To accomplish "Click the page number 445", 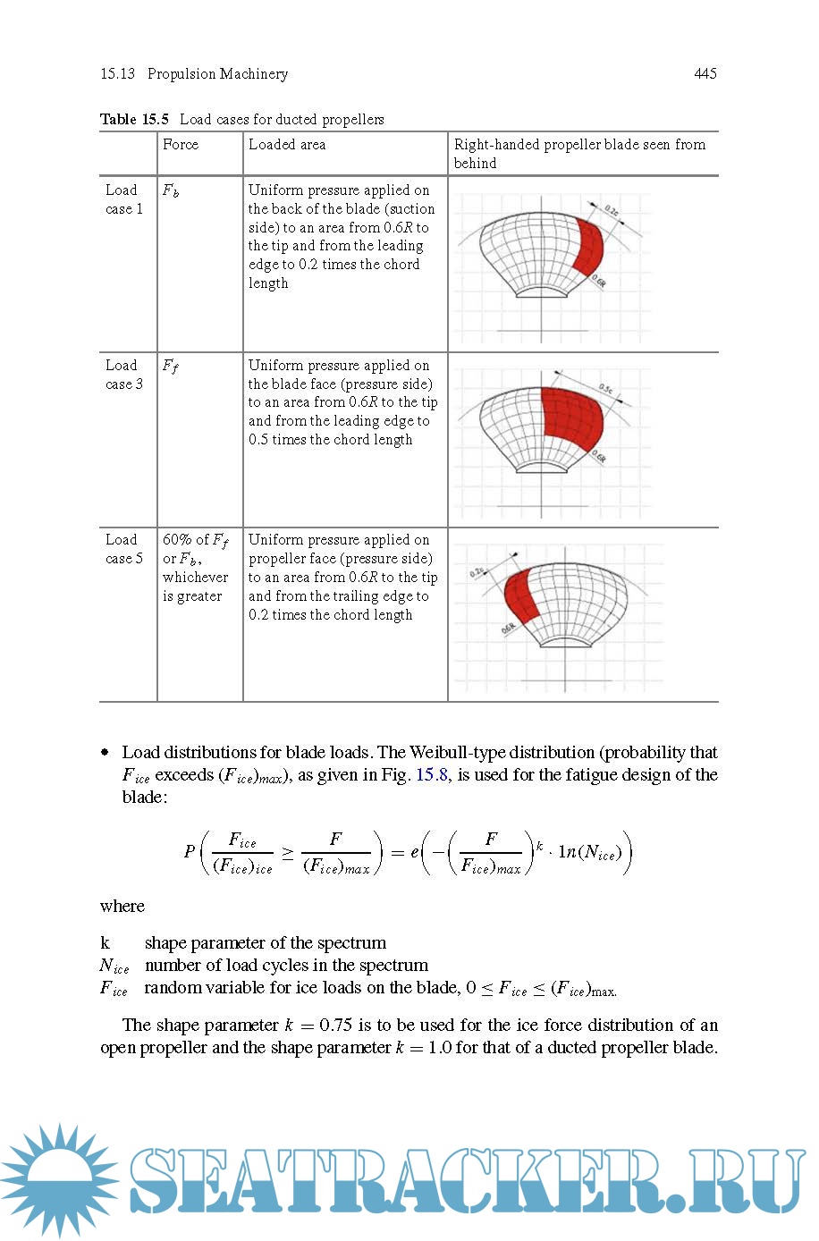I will tap(705, 73).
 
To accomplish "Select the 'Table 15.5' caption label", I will tap(134, 119).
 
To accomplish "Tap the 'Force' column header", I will tap(181, 145).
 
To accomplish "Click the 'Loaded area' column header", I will tap(287, 145).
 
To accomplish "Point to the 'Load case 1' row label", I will tap(124, 199).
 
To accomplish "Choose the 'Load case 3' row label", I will tap(124, 375).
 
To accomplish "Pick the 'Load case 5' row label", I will tap(124, 549).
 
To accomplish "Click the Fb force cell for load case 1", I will tap(170, 190).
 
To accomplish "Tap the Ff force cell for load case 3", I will tap(170, 366).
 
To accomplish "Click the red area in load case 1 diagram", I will tap(587, 246).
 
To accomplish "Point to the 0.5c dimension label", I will tap(606, 389).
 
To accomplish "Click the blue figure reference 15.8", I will tap(432, 775).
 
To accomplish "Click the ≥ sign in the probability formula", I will tap(287, 854).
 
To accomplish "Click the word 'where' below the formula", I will tap(122, 907).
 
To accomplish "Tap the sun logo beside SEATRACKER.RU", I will tap(59, 1178).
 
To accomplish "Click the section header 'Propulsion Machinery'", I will tap(217, 74).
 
